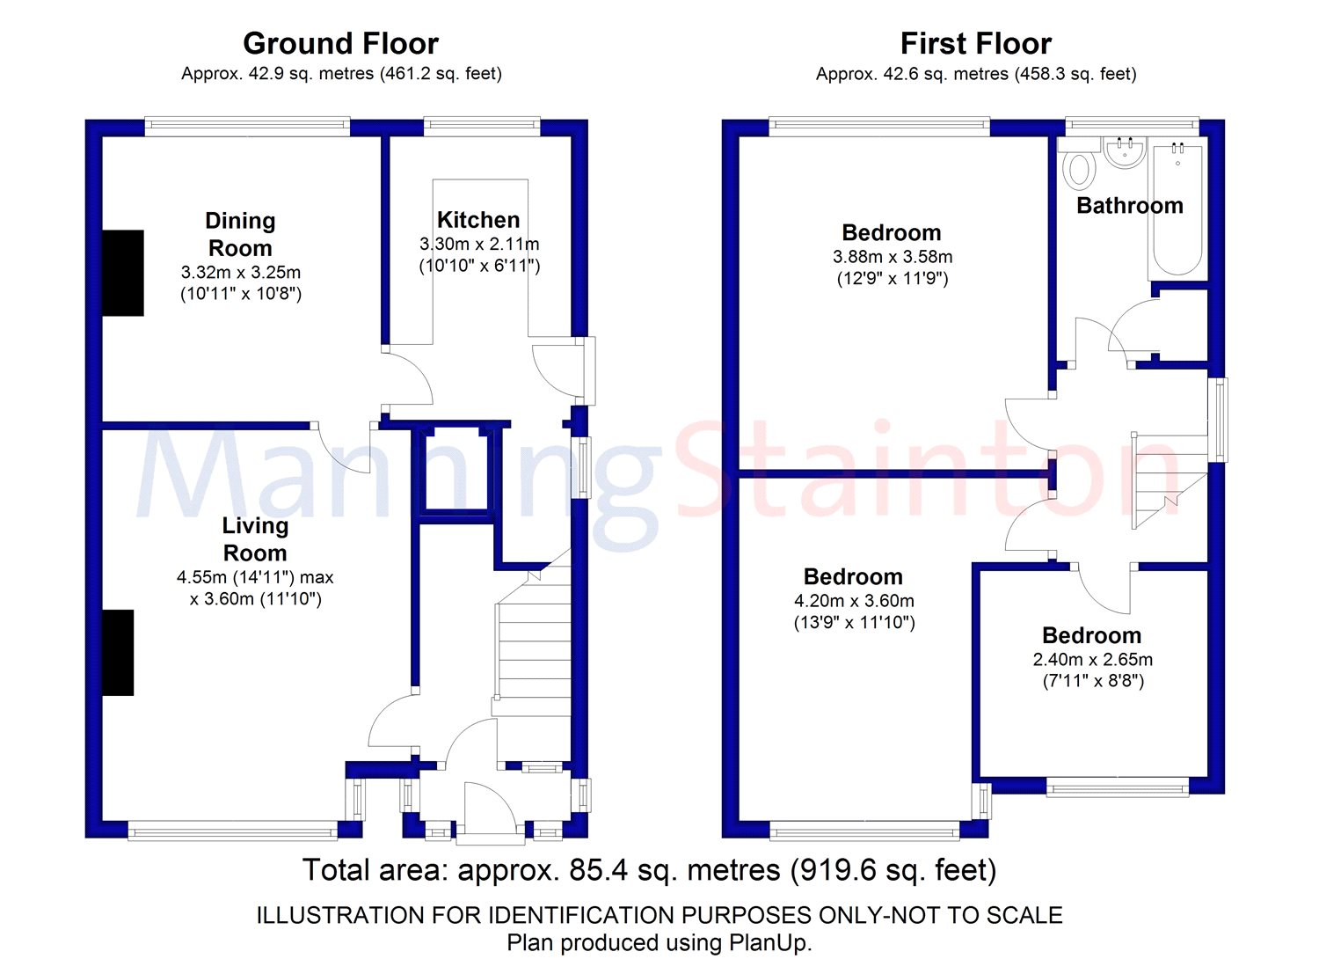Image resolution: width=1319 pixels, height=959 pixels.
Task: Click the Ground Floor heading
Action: click(340, 43)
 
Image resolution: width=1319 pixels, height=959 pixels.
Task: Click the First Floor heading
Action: click(975, 43)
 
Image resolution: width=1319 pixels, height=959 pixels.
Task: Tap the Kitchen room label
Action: click(478, 219)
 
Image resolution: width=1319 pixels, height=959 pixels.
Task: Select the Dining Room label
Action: click(239, 234)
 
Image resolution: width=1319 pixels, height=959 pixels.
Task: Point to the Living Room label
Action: click(255, 538)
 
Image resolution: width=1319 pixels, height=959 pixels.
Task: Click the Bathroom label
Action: click(1129, 206)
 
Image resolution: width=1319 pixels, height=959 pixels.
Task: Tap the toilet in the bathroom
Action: click(1077, 170)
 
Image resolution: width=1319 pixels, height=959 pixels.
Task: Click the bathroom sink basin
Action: click(1123, 152)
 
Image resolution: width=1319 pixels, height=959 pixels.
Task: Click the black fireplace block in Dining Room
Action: click(123, 273)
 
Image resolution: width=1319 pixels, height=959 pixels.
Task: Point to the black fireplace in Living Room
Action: click(118, 653)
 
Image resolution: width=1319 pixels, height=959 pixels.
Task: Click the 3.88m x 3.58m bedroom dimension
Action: click(892, 257)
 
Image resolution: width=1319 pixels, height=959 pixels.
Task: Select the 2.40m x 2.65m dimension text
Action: click(1092, 659)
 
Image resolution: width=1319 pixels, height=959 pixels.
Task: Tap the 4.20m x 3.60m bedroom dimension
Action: click(854, 601)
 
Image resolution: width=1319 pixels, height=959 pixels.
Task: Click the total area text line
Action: click(649, 870)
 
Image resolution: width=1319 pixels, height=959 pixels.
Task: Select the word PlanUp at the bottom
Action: click(769, 943)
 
